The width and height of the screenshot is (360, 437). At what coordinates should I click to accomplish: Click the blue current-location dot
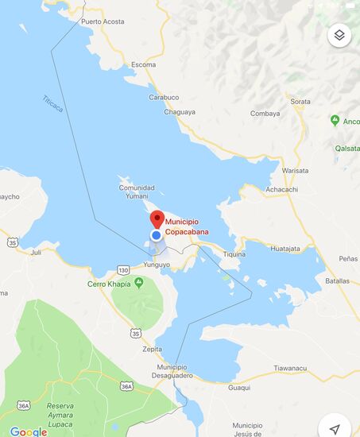tap(157, 235)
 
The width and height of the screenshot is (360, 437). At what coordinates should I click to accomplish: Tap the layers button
tap(339, 35)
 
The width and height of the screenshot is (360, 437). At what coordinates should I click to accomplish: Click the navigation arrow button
tap(335, 428)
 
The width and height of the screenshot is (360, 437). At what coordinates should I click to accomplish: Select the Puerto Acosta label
tap(103, 21)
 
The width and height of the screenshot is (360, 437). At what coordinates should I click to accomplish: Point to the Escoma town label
tap(144, 64)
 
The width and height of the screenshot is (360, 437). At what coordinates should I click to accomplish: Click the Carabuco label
tap(164, 97)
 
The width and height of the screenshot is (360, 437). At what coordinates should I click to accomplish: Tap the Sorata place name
tap(300, 102)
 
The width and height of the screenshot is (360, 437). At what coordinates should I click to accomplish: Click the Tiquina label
tap(234, 254)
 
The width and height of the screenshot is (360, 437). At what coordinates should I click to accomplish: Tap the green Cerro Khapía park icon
tap(139, 283)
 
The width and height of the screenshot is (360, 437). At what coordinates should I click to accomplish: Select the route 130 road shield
tap(123, 269)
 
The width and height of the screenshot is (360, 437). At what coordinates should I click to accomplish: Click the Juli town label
tap(35, 252)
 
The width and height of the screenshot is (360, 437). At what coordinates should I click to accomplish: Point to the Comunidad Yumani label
tap(137, 192)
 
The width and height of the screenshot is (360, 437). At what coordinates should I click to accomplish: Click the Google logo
tap(29, 431)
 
